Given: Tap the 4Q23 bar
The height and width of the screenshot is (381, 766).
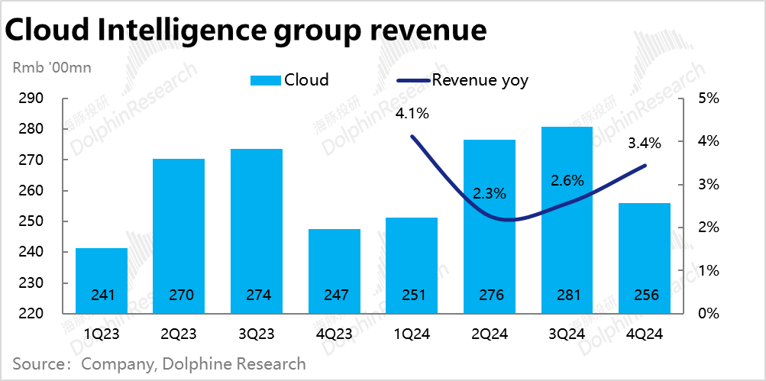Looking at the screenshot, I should pyautogui.click(x=334, y=270).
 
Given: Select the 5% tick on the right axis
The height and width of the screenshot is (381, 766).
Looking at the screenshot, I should pyautogui.click(x=709, y=98).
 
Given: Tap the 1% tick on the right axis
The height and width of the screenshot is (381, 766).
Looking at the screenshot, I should pyautogui.click(x=709, y=270).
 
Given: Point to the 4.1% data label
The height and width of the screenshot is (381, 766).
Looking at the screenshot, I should pyautogui.click(x=412, y=115).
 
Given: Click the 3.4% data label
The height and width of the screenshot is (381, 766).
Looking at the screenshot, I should pyautogui.click(x=645, y=143).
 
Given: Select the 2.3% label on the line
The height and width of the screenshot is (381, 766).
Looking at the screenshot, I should pyautogui.click(x=490, y=193).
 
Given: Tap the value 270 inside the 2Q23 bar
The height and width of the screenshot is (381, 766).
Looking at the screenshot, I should pyautogui.click(x=179, y=295).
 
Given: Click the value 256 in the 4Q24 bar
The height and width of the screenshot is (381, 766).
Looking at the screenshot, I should pyautogui.click(x=645, y=295).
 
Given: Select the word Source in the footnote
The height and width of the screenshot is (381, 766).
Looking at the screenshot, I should pyautogui.click(x=38, y=364).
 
